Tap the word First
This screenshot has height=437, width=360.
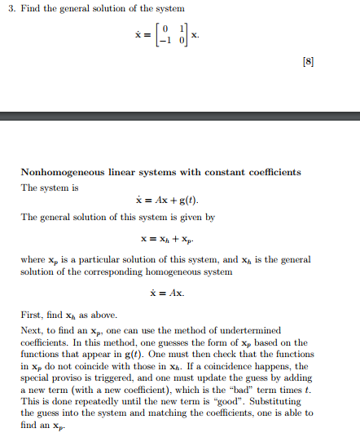pyautogui.click(x=31, y=314)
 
